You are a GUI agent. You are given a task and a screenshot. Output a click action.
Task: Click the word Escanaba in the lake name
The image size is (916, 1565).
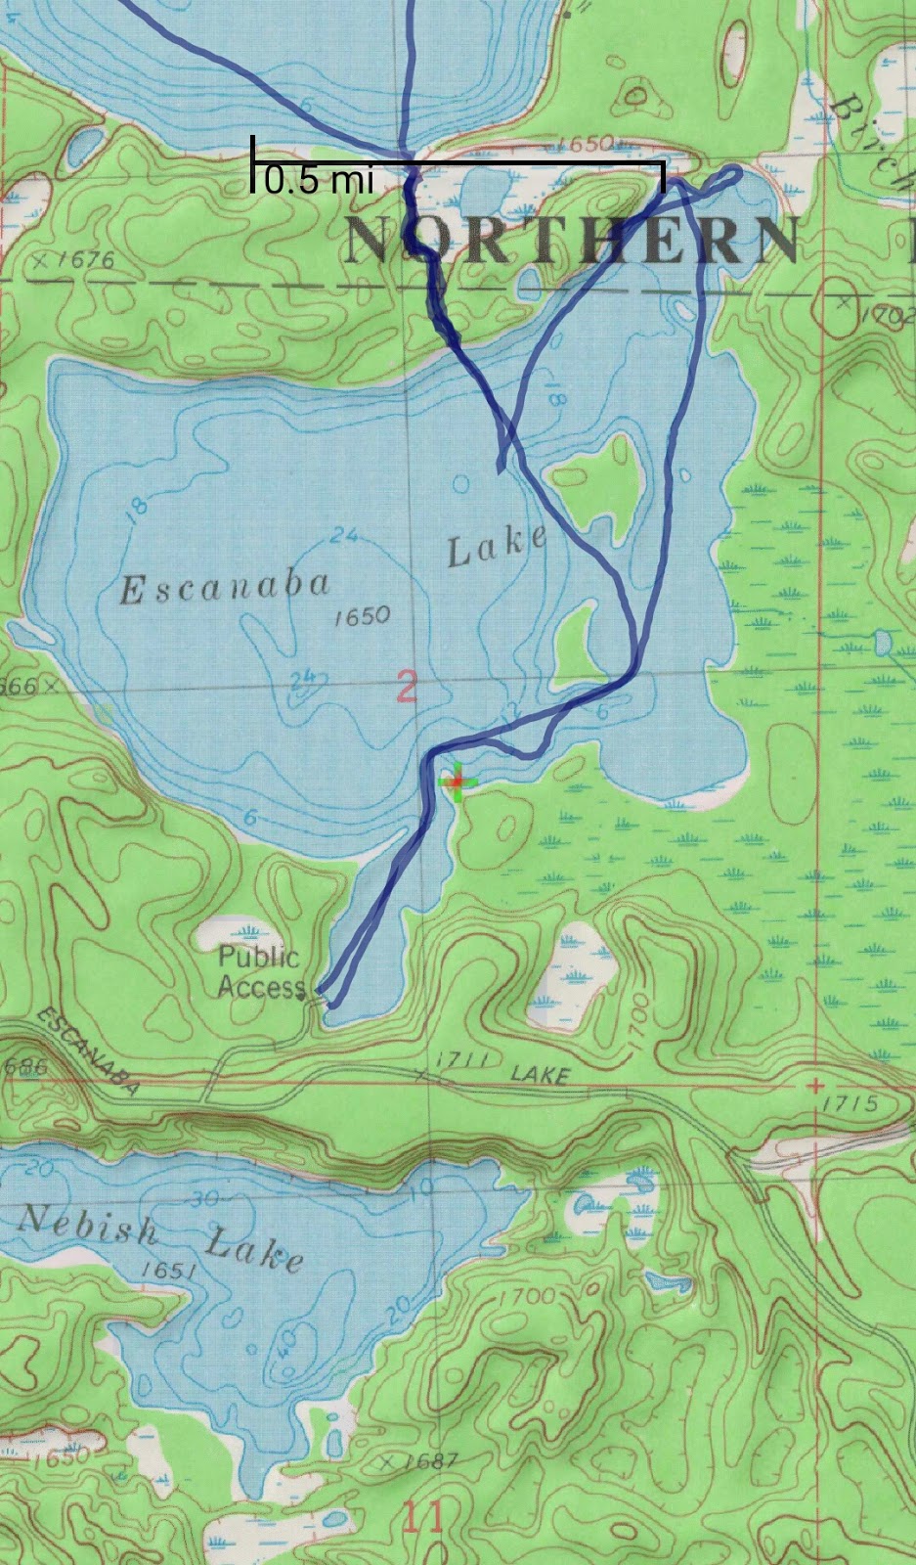pyautogui.click(x=224, y=587)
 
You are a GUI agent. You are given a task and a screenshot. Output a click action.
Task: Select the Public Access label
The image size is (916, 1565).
pyautogui.click(x=259, y=971)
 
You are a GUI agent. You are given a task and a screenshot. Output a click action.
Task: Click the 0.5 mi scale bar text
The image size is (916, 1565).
pyautogui.click(x=319, y=180)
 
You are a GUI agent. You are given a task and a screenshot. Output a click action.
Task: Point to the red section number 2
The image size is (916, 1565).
pyautogui.click(x=407, y=687)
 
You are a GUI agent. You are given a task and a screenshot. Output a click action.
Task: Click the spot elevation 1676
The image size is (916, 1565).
pyautogui.click(x=83, y=260)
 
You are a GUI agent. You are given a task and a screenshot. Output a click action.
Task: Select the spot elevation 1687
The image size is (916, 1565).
pyautogui.click(x=428, y=1461)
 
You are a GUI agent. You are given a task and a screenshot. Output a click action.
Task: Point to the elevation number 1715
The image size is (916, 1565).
pyautogui.click(x=851, y=1103)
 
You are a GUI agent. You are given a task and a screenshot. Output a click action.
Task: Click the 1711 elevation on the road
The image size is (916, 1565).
pyautogui.click(x=456, y=1061)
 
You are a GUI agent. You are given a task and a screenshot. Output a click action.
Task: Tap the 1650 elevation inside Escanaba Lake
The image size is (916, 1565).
pyautogui.click(x=361, y=616)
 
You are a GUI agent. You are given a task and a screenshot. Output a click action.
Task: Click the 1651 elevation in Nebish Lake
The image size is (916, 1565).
pyautogui.click(x=168, y=1270)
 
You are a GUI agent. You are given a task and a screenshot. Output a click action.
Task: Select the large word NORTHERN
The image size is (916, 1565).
pyautogui.click(x=572, y=240)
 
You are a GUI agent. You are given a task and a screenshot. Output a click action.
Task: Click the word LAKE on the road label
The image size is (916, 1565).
pyautogui.click(x=540, y=1075)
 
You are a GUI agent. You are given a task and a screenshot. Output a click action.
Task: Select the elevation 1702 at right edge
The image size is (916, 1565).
pyautogui.click(x=888, y=315)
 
